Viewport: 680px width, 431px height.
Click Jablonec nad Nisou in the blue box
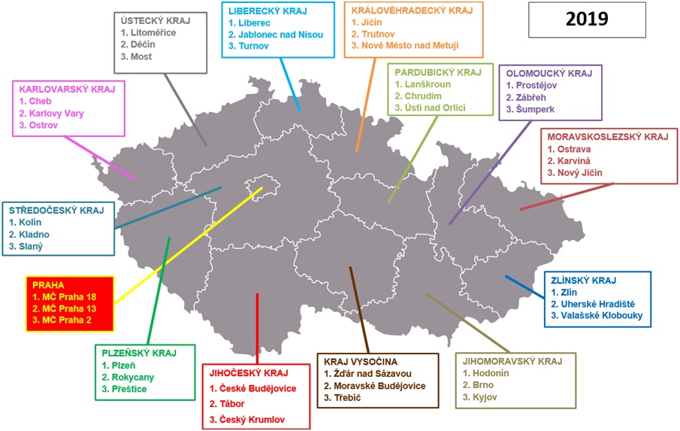coord(281,35)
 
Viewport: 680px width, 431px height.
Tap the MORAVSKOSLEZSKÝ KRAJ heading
coord(608,137)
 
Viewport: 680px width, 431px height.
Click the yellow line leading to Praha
coord(188,240)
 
